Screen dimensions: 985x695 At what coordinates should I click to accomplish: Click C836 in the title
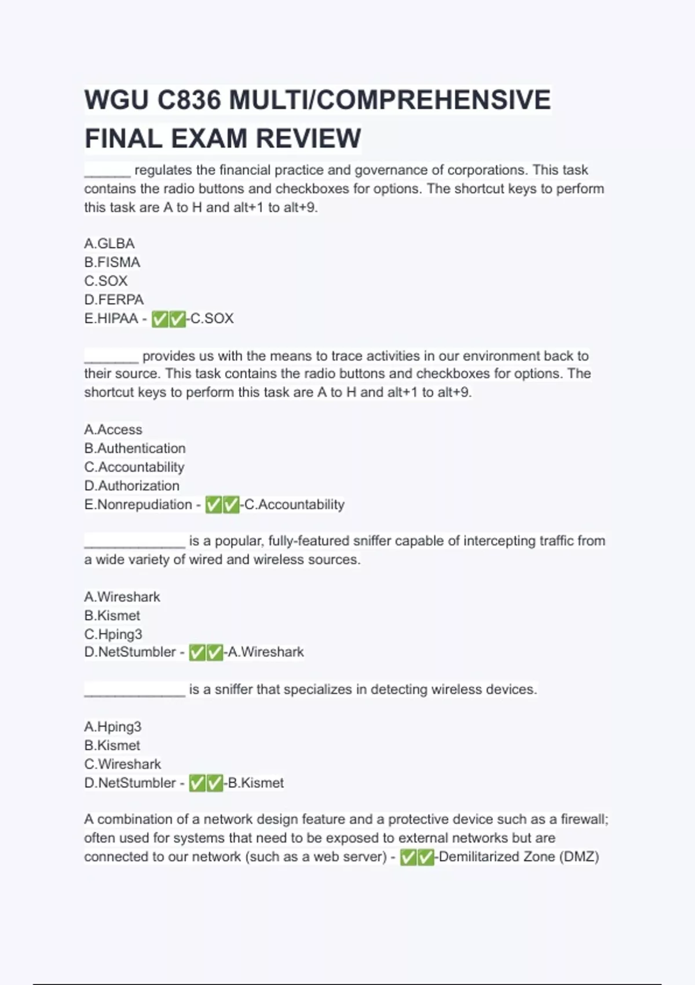(x=189, y=100)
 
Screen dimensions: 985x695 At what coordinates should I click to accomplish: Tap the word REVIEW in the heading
(x=308, y=138)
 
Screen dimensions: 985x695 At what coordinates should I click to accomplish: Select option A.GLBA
(x=109, y=243)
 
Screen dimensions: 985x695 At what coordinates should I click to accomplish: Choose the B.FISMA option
(x=112, y=262)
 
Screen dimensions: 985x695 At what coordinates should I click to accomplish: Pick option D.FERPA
(x=114, y=300)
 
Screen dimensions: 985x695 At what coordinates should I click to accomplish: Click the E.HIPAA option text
(x=111, y=318)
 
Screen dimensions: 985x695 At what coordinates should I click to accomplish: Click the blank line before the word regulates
(x=108, y=171)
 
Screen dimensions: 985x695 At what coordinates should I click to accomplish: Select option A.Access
(x=114, y=429)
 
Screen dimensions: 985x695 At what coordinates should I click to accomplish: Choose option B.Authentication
(x=135, y=448)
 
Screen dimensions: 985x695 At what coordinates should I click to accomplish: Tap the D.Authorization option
(x=132, y=486)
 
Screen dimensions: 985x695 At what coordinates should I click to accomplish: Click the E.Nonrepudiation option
(x=138, y=504)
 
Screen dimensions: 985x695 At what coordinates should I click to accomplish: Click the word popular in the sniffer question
(x=239, y=541)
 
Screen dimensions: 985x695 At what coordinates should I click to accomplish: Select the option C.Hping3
(x=114, y=634)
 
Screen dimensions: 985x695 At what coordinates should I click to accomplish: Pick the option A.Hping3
(x=113, y=727)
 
